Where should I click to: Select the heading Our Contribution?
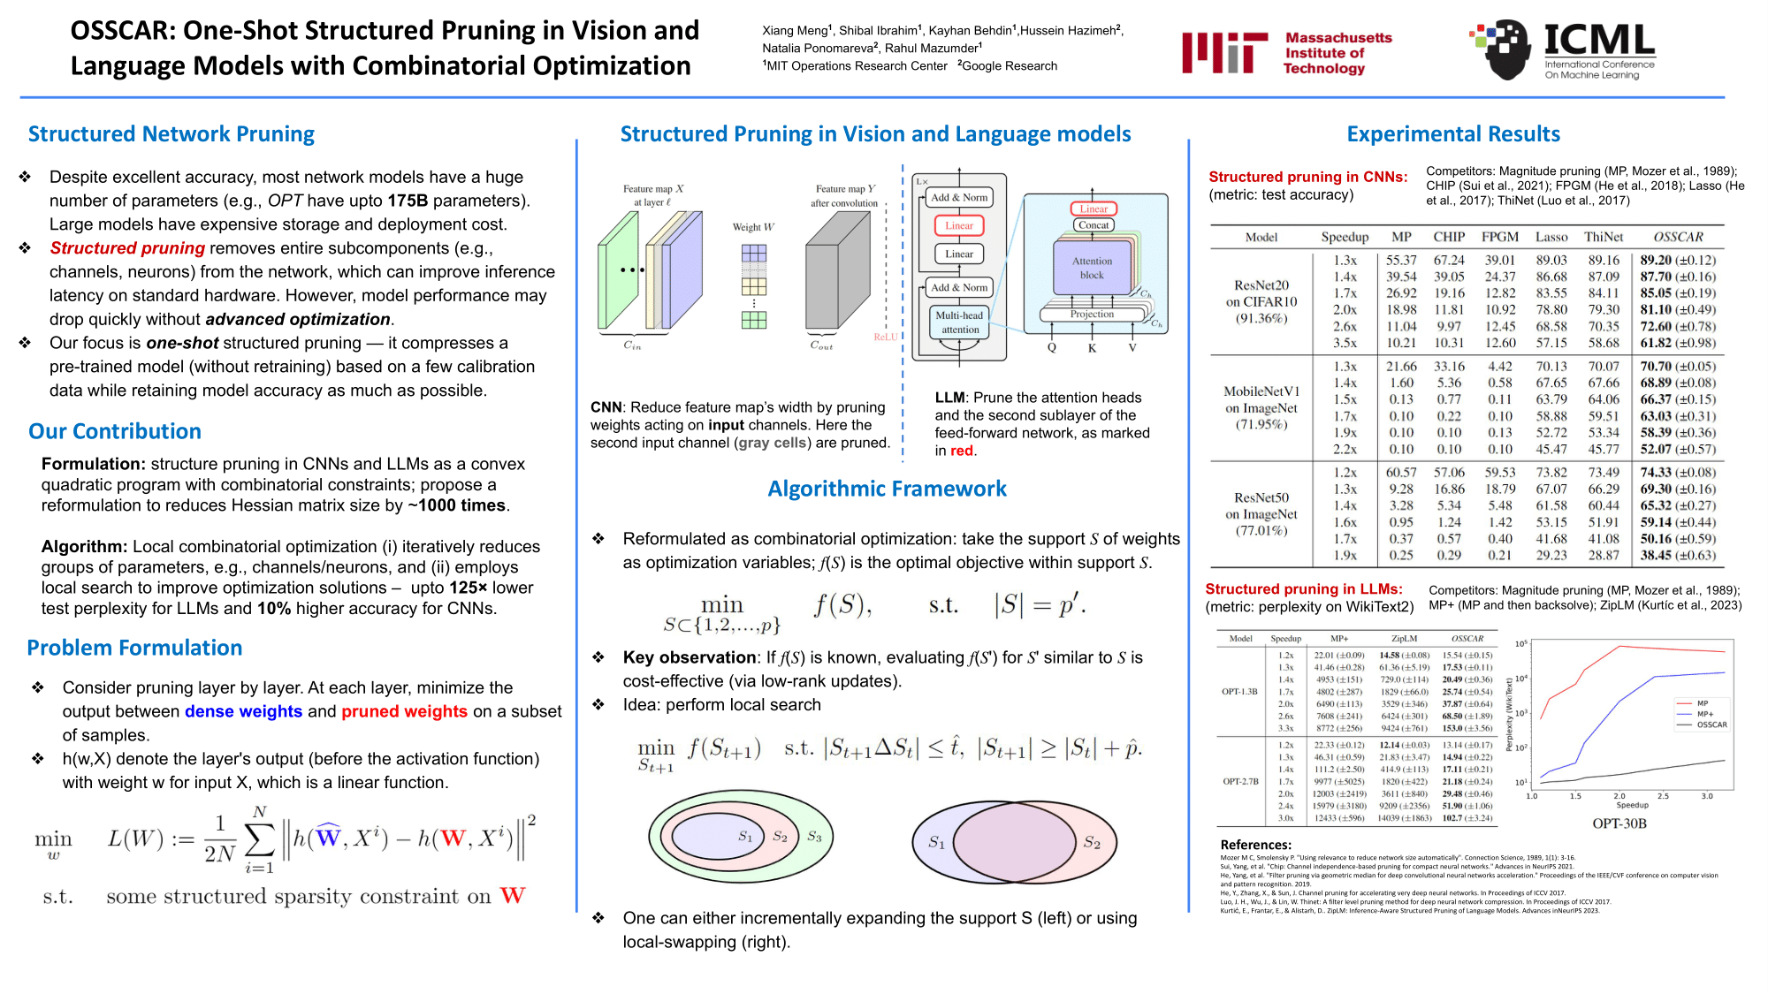pyautogui.click(x=115, y=431)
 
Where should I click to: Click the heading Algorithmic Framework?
pyautogui.click(x=887, y=489)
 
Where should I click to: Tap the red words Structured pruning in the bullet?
pyautogui.click(x=127, y=248)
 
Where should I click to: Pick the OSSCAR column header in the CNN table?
pyautogui.click(x=1678, y=237)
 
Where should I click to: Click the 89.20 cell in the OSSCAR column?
pyautogui.click(x=1656, y=260)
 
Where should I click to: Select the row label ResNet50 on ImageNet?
pyautogui.click(x=1261, y=514)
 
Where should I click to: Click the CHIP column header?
pyautogui.click(x=1449, y=237)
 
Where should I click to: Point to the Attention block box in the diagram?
pyautogui.click(x=1092, y=268)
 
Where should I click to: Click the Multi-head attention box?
pyautogui.click(x=959, y=322)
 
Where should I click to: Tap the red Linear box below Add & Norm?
pyautogui.click(x=959, y=225)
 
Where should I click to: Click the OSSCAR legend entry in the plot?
pyautogui.click(x=1710, y=725)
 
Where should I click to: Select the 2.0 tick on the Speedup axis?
pyautogui.click(x=1619, y=796)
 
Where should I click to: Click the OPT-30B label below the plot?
pyautogui.click(x=1619, y=823)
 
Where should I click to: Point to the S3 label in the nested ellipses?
pyautogui.click(x=814, y=836)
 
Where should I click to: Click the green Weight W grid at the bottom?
pyautogui.click(x=753, y=320)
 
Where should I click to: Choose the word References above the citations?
pyautogui.click(x=1255, y=845)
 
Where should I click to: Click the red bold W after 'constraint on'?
pyautogui.click(x=513, y=896)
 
